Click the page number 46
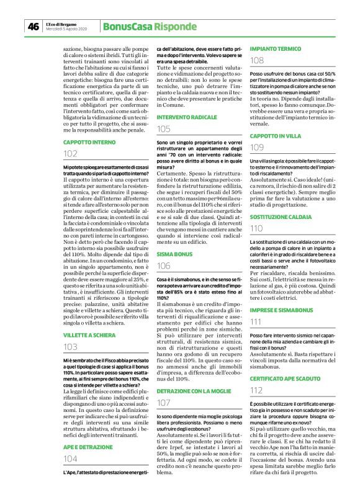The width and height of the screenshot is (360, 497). pos(33,26)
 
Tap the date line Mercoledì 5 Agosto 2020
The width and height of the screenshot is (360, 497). pos(69,29)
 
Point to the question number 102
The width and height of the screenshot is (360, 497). pos(71,154)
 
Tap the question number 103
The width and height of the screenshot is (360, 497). pos(71,347)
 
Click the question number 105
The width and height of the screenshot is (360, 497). pos(164,129)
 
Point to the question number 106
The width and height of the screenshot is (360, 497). pos(164,266)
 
